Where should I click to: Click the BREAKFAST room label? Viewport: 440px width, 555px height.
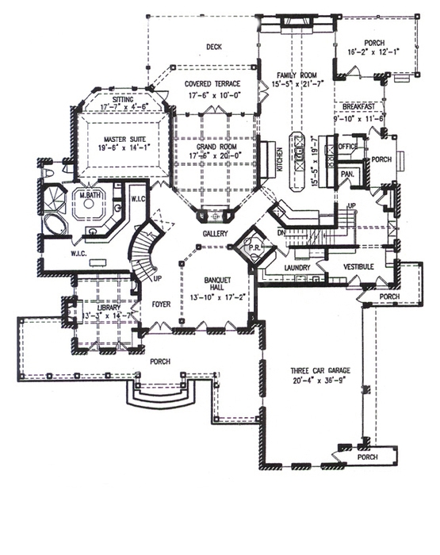363,105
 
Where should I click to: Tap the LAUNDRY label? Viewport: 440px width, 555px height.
295,269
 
